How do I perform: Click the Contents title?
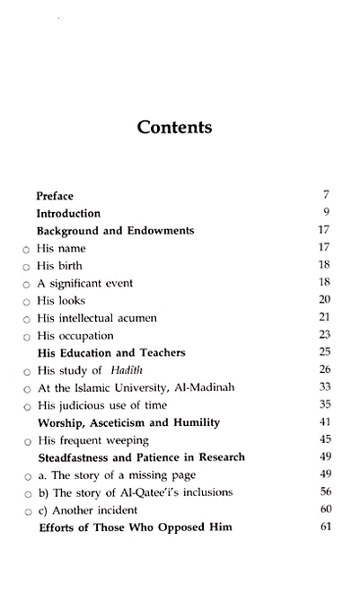coord(175,127)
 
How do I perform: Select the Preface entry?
coord(55,196)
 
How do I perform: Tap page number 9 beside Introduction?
coord(328,213)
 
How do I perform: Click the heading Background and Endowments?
coord(115,231)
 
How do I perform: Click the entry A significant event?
coord(84,283)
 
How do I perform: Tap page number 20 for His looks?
coord(325,300)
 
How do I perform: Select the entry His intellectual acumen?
coord(92,318)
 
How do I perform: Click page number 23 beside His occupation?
coord(325,335)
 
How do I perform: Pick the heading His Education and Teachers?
coord(110,353)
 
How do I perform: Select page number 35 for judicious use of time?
coord(325,405)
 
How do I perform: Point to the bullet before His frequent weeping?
coord(26,440)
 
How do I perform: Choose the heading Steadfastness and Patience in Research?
coord(140,457)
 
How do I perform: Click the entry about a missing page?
coord(116,474)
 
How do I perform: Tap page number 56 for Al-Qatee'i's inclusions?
coord(325,491)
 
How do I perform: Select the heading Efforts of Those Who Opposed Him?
coord(134,527)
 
